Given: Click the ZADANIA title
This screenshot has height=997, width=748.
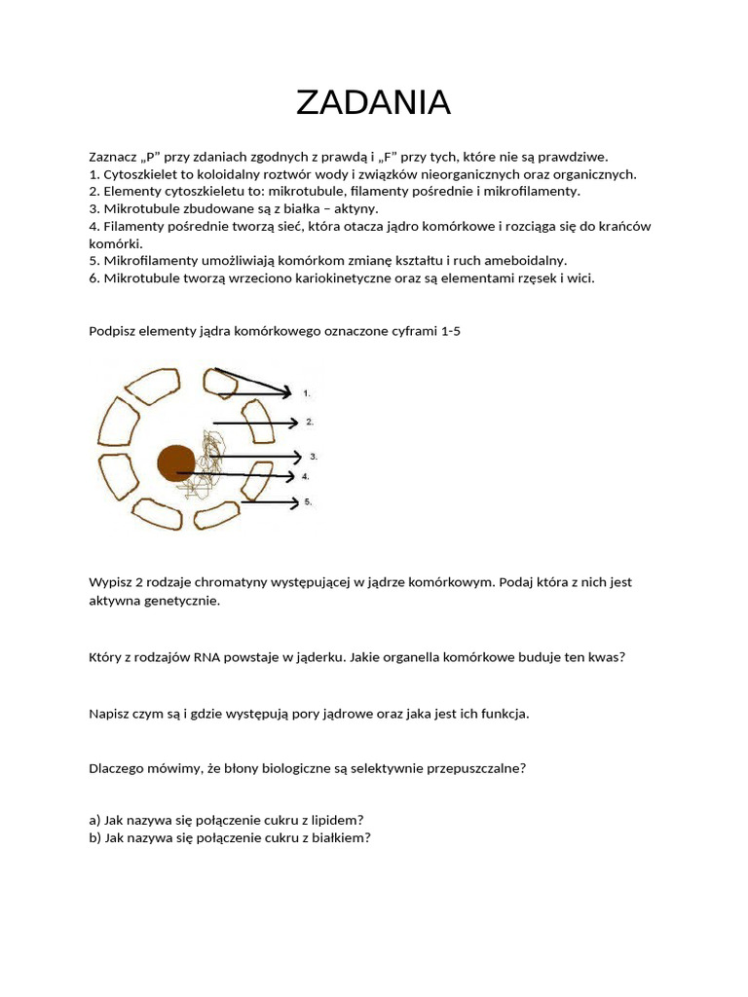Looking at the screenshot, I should (x=373, y=102).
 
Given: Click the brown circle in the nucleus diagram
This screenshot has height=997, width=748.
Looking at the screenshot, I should (x=176, y=462).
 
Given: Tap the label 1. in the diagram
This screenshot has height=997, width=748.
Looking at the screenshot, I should (x=307, y=393).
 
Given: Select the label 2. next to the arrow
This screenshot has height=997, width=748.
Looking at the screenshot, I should (x=309, y=423).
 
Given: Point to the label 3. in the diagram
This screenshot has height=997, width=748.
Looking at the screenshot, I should (x=314, y=456).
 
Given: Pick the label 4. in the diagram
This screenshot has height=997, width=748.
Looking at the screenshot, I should (x=306, y=477).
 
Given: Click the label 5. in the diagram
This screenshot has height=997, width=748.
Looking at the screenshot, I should (x=308, y=502).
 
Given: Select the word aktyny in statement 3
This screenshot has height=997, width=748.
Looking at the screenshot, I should (x=356, y=208).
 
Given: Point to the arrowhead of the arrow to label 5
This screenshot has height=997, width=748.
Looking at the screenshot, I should (x=295, y=502).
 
